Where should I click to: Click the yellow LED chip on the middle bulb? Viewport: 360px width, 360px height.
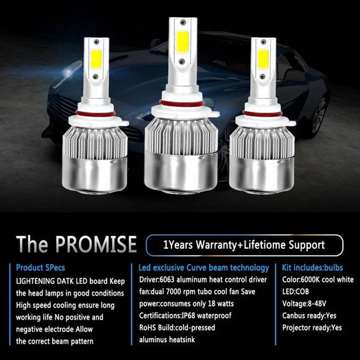tap(183, 42)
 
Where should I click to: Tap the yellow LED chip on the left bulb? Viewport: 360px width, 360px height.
tap(96, 59)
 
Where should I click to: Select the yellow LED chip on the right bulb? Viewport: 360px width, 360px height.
tap(263, 59)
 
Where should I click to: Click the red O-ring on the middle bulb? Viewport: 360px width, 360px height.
tap(182, 104)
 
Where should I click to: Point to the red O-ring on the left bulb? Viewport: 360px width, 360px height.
tap(95, 113)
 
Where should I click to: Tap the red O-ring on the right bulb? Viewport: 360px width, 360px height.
tap(263, 113)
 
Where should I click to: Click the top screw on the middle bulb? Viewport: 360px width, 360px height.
tap(183, 22)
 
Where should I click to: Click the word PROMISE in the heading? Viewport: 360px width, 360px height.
tap(96, 244)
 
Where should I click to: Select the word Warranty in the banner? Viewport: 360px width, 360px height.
tap(216, 245)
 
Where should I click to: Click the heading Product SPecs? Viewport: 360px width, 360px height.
tap(40, 267)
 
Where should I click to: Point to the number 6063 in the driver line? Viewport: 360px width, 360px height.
tap(167, 280)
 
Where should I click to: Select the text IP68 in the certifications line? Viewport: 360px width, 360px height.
tap(189, 315)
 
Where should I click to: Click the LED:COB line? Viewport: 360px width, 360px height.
tap(296, 291)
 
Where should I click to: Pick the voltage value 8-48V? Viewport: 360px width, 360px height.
tap(317, 304)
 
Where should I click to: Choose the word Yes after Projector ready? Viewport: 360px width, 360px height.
tap(337, 328)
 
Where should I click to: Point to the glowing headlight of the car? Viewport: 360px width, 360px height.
tap(68, 73)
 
